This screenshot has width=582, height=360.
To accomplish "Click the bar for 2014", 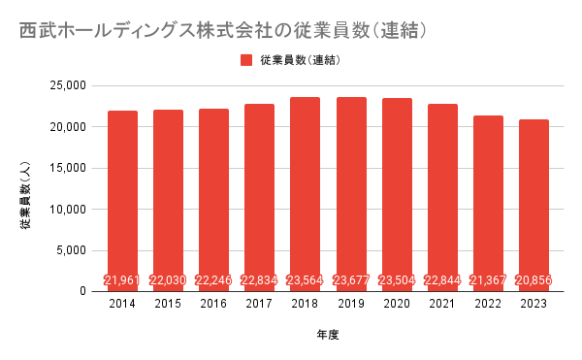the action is pyautogui.click(x=122, y=201).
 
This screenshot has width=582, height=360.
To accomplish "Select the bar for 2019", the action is pyautogui.click(x=351, y=194).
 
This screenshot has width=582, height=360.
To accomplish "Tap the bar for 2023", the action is pyautogui.click(x=533, y=206).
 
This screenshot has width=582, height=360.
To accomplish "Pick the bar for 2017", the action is pyautogui.click(x=259, y=198).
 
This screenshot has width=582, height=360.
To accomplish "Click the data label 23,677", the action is pyautogui.click(x=351, y=280).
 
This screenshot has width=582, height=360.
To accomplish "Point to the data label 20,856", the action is pyautogui.click(x=533, y=280).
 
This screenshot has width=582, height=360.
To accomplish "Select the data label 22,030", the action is pyautogui.click(x=168, y=280).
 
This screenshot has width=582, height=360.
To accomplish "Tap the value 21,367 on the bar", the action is pyautogui.click(x=488, y=280).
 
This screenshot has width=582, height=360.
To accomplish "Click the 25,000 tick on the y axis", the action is pyautogui.click(x=68, y=85).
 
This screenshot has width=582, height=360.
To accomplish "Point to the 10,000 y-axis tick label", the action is pyautogui.click(x=68, y=210).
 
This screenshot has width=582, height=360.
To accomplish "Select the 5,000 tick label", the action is pyautogui.click(x=71, y=250).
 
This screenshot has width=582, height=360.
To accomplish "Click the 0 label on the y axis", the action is pyautogui.click(x=82, y=292).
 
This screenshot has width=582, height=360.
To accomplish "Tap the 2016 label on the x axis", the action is pyautogui.click(x=213, y=304).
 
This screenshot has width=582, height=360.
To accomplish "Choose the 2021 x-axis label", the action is pyautogui.click(x=442, y=304).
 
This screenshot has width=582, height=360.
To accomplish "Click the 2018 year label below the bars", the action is pyautogui.click(x=305, y=304).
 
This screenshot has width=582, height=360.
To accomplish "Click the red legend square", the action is pyautogui.click(x=246, y=60).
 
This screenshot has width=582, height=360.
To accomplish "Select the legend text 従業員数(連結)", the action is pyautogui.click(x=301, y=60).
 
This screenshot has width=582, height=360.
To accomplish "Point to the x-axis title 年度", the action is pyautogui.click(x=328, y=335).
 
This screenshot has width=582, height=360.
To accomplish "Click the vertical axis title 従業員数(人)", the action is pyautogui.click(x=25, y=196).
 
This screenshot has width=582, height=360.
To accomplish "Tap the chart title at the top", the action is pyautogui.click(x=223, y=30).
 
